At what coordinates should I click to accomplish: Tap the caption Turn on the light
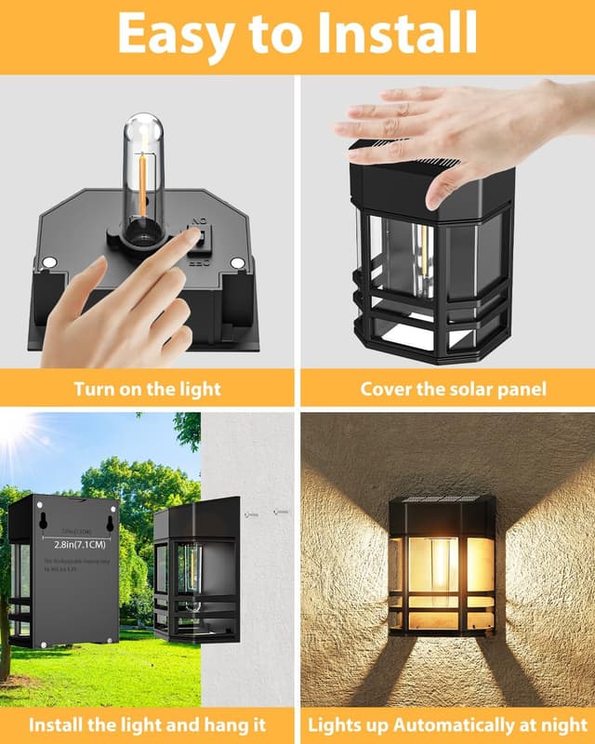[147, 388]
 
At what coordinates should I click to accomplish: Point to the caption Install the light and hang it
[147, 723]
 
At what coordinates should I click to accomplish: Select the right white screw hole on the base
[237, 263]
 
